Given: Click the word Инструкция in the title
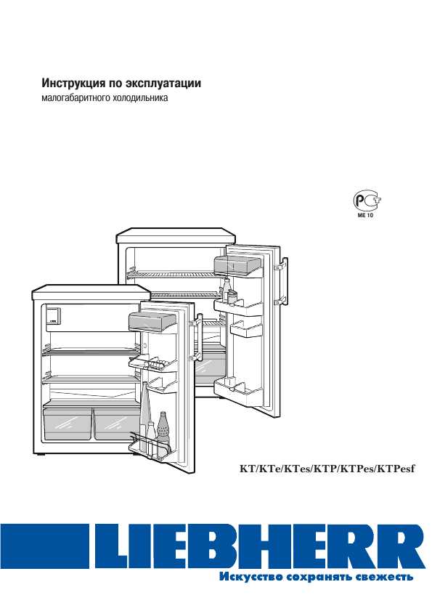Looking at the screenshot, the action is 72,84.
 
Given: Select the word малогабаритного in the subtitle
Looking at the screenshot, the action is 76,98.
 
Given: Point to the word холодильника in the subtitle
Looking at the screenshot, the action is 140,97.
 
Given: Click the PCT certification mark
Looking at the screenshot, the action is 367,201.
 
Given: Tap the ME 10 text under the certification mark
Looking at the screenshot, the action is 365,215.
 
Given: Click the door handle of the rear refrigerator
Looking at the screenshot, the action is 283,280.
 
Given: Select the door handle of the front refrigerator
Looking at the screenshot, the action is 197,336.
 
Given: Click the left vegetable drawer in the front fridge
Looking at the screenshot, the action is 68,424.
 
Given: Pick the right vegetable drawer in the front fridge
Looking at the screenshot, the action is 116,424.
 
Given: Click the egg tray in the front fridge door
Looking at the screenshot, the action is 152,365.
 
